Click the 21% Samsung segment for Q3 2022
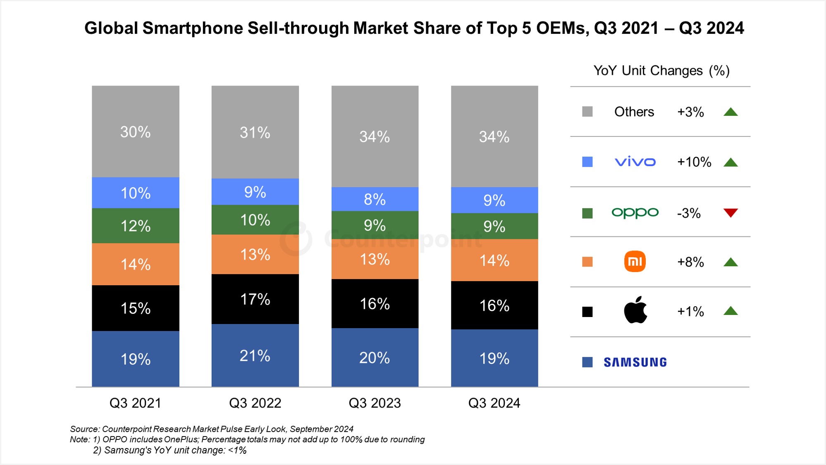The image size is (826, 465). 255,355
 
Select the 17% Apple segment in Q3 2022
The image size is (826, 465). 255,299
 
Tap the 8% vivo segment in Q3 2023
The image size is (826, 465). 375,199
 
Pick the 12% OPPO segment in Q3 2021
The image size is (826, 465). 136,226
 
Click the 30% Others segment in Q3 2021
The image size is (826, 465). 136,132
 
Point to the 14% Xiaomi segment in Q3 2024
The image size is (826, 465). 494,260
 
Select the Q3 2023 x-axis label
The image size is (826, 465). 375,403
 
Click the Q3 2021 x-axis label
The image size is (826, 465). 135,403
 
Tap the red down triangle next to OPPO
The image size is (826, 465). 731,212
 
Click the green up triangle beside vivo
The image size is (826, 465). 731,162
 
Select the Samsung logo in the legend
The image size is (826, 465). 635,362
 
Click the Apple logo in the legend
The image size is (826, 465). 635,310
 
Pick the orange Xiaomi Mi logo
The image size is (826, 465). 635,261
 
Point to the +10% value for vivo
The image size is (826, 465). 694,162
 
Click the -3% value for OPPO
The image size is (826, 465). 689,213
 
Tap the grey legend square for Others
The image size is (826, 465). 587,112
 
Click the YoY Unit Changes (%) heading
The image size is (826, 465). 661,71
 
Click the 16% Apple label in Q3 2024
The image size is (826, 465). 494,306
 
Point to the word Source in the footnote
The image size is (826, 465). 84,429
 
